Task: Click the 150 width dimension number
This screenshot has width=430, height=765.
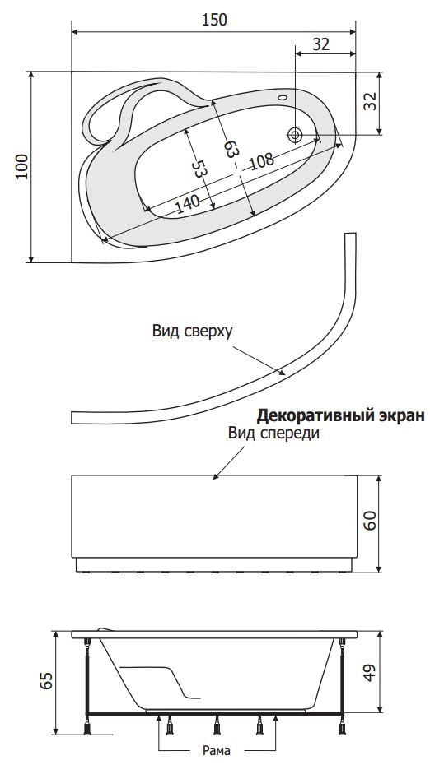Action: [x=214, y=20]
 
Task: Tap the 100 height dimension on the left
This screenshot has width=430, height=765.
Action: [x=22, y=166]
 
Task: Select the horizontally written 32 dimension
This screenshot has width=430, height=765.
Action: [x=320, y=44]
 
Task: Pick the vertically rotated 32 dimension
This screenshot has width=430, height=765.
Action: [x=372, y=101]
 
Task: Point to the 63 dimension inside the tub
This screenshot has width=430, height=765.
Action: [x=231, y=148]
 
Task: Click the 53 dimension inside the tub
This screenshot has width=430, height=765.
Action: [x=199, y=169]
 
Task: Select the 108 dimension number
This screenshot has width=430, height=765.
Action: [x=262, y=160]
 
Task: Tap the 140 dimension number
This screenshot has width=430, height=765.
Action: [x=187, y=203]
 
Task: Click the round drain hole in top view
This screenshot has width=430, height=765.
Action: [x=295, y=134]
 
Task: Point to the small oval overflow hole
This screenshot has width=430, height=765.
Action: [x=283, y=96]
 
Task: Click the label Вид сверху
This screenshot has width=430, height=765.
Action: [x=193, y=331]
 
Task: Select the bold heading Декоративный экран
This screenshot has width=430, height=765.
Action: [x=341, y=415]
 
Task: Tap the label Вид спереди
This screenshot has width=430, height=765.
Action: [x=273, y=433]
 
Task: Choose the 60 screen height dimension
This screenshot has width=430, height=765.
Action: [x=371, y=521]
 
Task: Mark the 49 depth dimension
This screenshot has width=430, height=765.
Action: [x=371, y=673]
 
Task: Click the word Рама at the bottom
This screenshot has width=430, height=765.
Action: [x=217, y=750]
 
